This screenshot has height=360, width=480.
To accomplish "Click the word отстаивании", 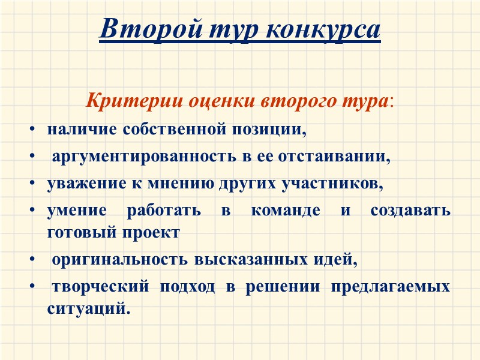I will coord(341,158).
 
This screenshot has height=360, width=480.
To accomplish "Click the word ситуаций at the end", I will coord(88,308).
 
